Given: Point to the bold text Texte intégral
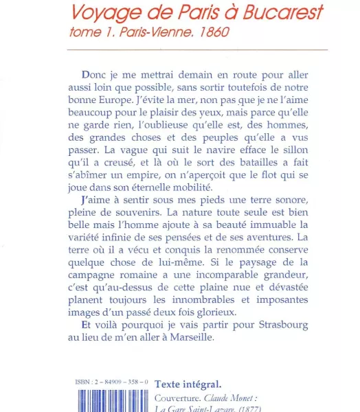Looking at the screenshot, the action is [x=188, y=383].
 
